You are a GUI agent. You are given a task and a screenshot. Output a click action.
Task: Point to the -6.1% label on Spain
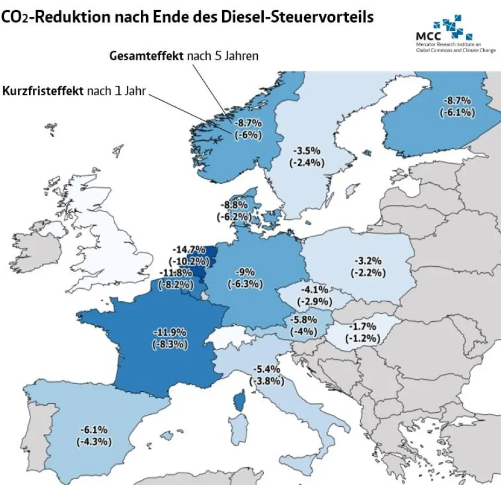[94, 429]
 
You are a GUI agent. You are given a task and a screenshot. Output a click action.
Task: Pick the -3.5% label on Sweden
[308, 150]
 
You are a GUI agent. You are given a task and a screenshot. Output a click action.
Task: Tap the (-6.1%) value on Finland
[457, 112]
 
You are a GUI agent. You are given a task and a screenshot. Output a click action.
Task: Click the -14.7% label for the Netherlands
[189, 250]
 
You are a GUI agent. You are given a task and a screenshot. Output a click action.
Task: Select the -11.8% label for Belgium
[174, 272]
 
